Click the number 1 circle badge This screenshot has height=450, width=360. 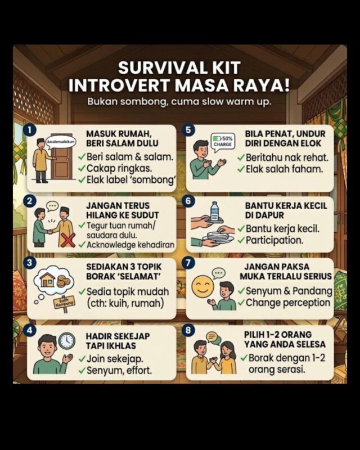(x=29, y=130)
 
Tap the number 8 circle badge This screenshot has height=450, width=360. (x=188, y=330)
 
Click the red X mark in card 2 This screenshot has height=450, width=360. (x=67, y=240)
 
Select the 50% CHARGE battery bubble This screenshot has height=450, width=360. (x=223, y=141)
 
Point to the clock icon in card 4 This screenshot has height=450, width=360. (x=66, y=341)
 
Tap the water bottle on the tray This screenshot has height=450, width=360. (x=215, y=211)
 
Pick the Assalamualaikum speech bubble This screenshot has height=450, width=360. (x=61, y=142)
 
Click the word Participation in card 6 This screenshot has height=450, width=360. (x=274, y=240)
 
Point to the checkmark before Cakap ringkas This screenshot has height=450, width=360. (x=82, y=168)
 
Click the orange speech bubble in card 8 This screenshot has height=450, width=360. (x=212, y=336)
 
